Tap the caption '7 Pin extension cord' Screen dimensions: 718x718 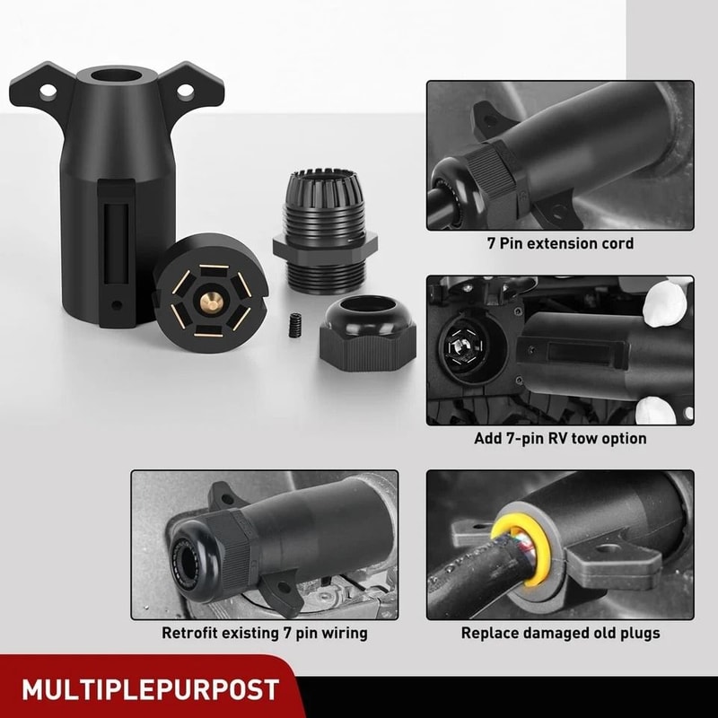tap(560, 243)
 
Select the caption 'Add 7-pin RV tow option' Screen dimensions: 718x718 tap(560, 439)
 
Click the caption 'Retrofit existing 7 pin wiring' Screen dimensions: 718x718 tap(265, 633)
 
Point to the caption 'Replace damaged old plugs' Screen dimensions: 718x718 tap(560, 633)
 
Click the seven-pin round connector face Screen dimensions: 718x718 tap(206, 287)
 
